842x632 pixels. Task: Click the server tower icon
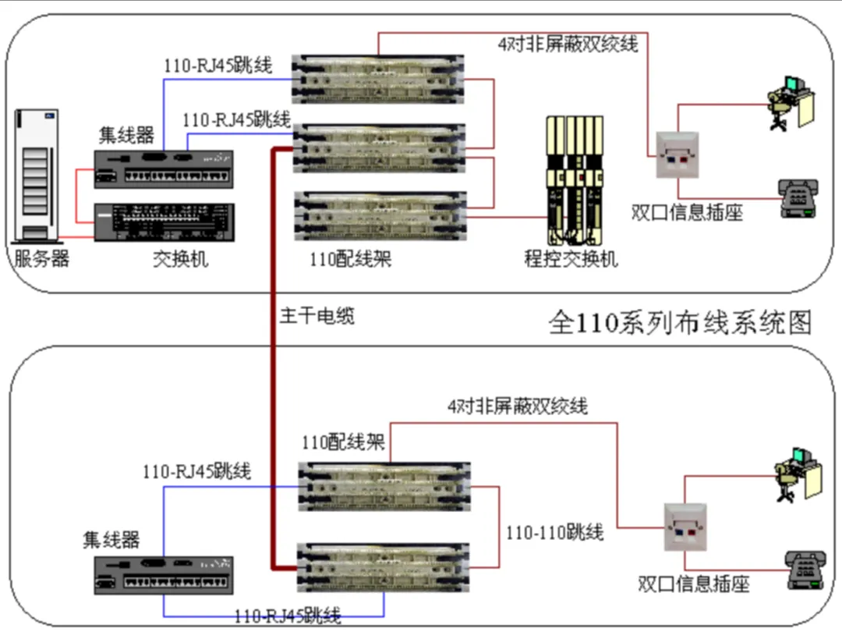point(38,176)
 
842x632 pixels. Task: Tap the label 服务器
point(42,258)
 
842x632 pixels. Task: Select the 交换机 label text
point(180,258)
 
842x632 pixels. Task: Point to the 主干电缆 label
point(317,316)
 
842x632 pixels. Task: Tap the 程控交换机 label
point(571,258)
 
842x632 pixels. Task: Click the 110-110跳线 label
point(554,534)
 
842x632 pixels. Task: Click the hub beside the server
point(163,168)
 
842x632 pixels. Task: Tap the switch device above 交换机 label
point(163,222)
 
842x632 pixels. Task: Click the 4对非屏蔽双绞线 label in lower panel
point(518,406)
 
